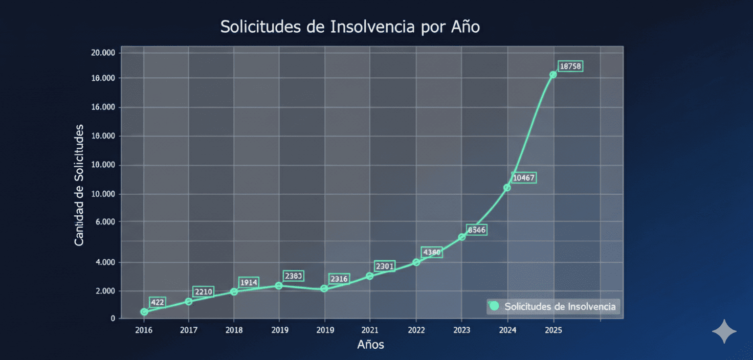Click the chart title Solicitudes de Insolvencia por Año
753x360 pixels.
pos(350,27)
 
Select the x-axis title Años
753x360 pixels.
pos(370,345)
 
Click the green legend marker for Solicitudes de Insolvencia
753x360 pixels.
pos(494,306)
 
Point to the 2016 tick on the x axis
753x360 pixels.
pos(144,330)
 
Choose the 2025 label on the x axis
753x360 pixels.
pos(553,330)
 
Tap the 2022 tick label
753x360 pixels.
pos(416,330)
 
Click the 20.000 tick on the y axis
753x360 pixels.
pos(102,53)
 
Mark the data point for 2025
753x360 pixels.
pos(553,75)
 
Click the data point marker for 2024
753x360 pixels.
pos(507,188)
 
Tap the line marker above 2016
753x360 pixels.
pos(144,311)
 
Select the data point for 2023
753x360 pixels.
pos(462,237)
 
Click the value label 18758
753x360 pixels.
pos(570,66)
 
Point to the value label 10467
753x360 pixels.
pos(524,178)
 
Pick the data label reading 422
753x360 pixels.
pos(158,302)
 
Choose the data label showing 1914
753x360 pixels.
pos(249,282)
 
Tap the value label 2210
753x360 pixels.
pos(203,291)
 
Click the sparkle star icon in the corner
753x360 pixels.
pos(724,332)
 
